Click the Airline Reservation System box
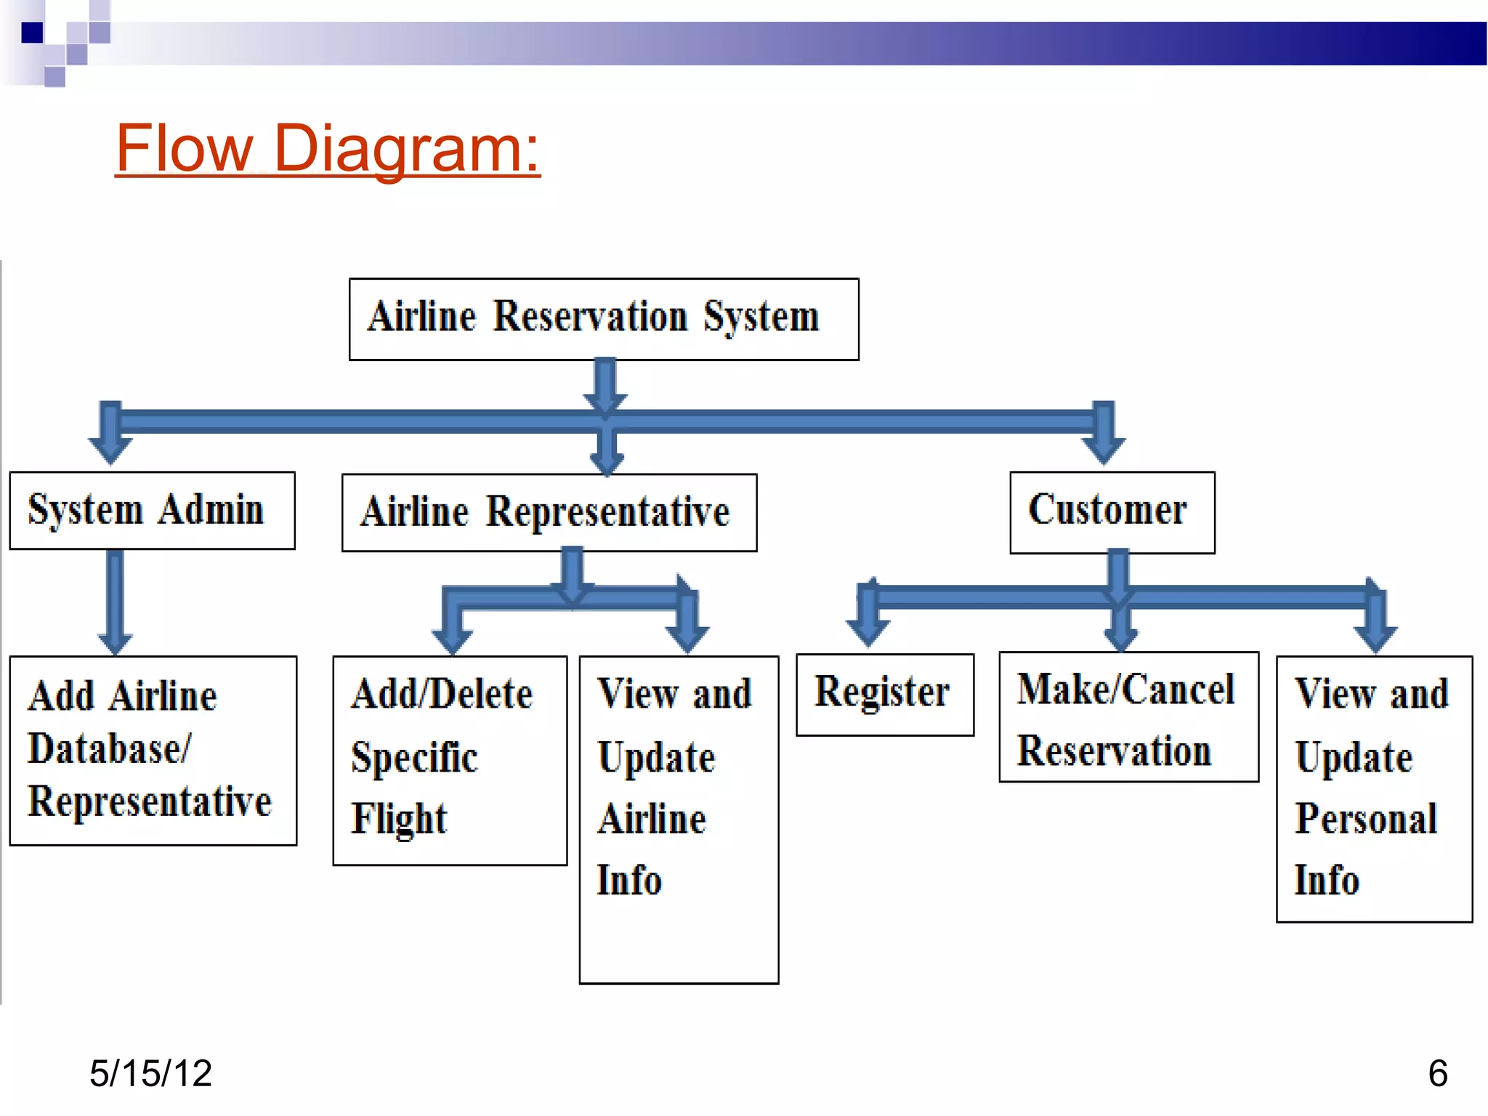click(x=603, y=319)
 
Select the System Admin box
click(x=152, y=510)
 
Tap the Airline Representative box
click(x=549, y=512)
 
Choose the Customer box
click(x=1112, y=511)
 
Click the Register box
click(x=884, y=694)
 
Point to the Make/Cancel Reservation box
click(x=1128, y=716)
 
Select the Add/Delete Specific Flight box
click(x=449, y=760)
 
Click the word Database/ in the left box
click(x=109, y=749)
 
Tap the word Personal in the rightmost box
click(x=1366, y=819)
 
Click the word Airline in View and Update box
click(x=652, y=820)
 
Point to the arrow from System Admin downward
click(x=115, y=599)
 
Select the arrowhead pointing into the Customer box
click(x=1104, y=450)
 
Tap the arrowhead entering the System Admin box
click(x=110, y=450)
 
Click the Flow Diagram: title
click(x=328, y=148)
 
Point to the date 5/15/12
click(x=150, y=1073)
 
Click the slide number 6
click(x=1438, y=1073)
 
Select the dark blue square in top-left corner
click(x=32, y=33)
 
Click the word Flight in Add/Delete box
click(x=399, y=819)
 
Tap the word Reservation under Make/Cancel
click(x=1114, y=751)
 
